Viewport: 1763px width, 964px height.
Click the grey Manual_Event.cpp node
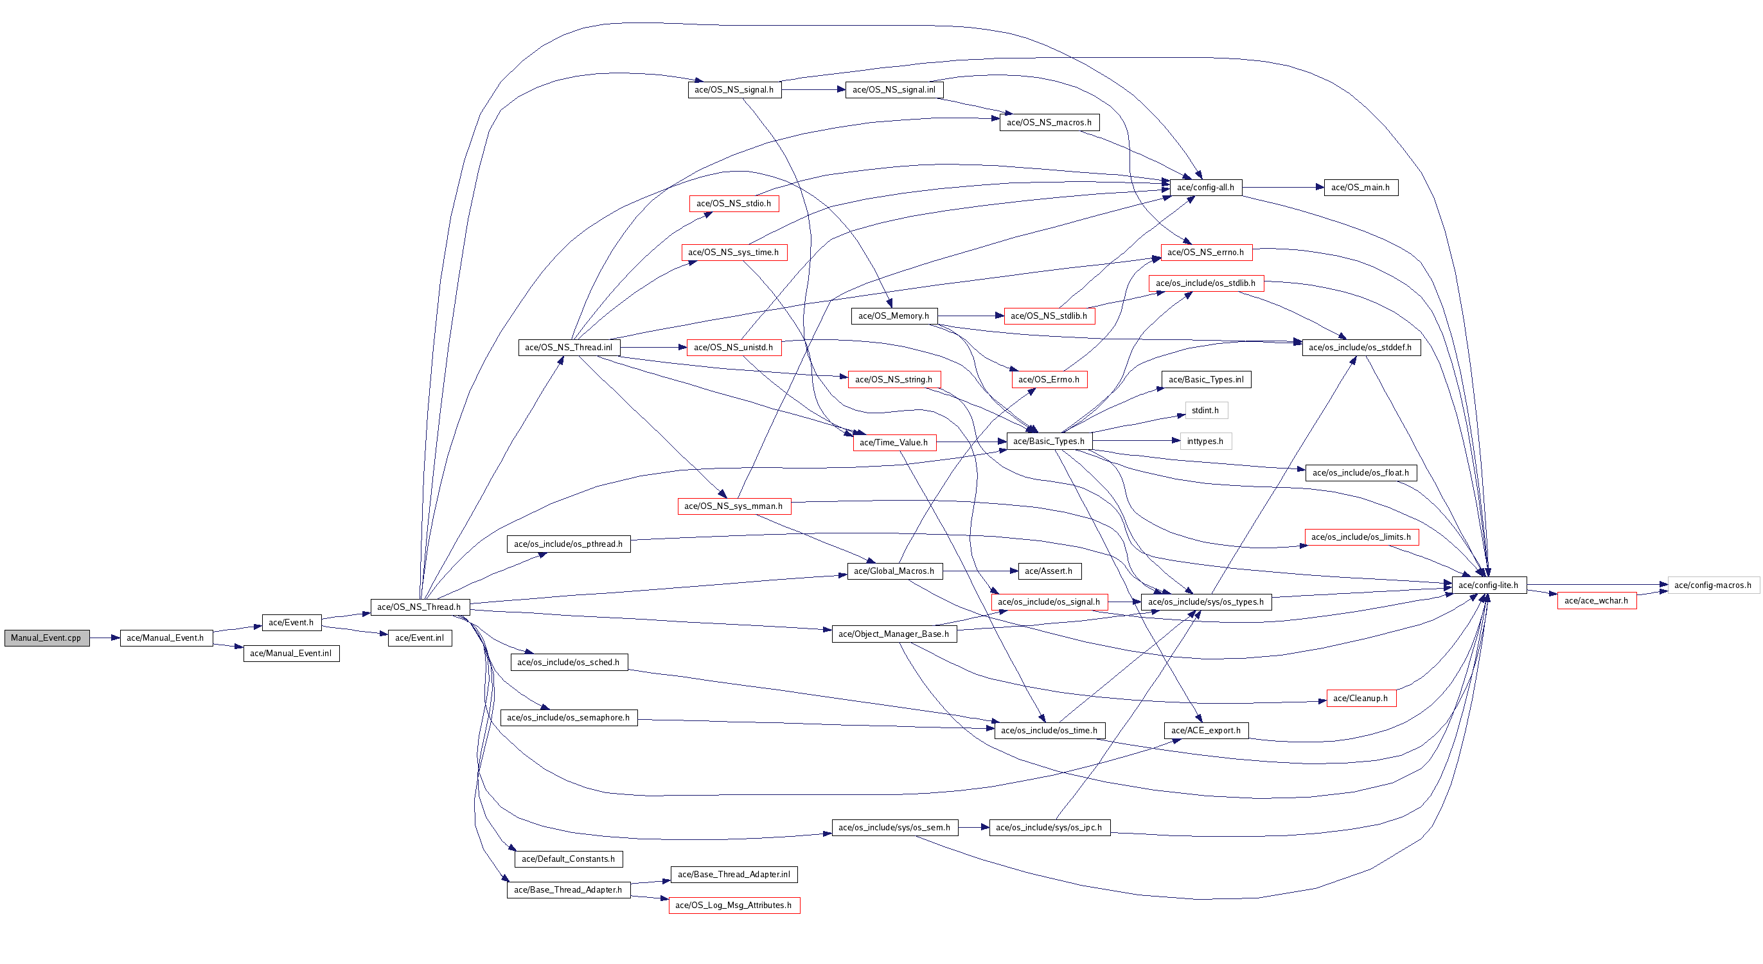coord(46,638)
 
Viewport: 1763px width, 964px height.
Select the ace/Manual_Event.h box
coord(166,638)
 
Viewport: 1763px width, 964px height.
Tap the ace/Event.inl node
coord(420,638)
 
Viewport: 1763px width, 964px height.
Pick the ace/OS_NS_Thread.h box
coord(420,607)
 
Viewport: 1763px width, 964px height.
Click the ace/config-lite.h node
coord(1488,585)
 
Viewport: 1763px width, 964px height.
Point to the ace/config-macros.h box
coord(1712,585)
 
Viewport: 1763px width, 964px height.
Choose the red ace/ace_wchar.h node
coord(1596,600)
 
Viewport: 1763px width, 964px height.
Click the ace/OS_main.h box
coord(1360,187)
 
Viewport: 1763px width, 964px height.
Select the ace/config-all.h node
coord(1205,187)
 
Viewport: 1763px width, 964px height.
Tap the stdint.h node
coord(1205,410)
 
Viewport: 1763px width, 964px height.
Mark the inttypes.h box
coord(1205,441)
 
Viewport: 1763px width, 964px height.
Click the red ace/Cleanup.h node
coord(1361,699)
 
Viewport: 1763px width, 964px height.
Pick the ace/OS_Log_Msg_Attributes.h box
coord(734,905)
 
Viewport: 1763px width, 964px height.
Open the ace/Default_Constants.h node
coord(568,859)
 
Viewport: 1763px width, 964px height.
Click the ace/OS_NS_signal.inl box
coord(894,90)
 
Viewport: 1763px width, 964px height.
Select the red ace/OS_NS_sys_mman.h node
coord(734,506)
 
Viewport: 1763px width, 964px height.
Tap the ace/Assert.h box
coord(1049,571)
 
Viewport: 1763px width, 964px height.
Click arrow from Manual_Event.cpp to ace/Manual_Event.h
coord(105,638)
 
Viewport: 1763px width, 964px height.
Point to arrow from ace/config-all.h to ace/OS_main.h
coord(1282,187)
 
